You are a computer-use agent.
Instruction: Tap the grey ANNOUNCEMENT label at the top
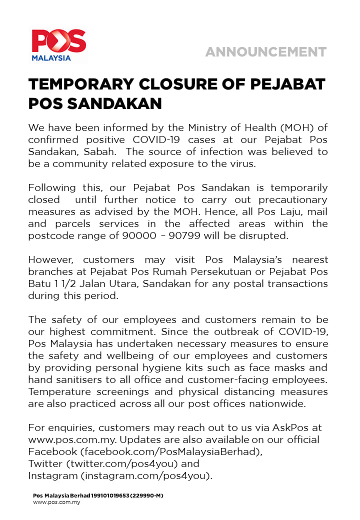pos(265,52)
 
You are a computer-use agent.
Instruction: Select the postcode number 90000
pos(139,235)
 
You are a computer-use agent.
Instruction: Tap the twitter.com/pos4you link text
pos(118,463)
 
